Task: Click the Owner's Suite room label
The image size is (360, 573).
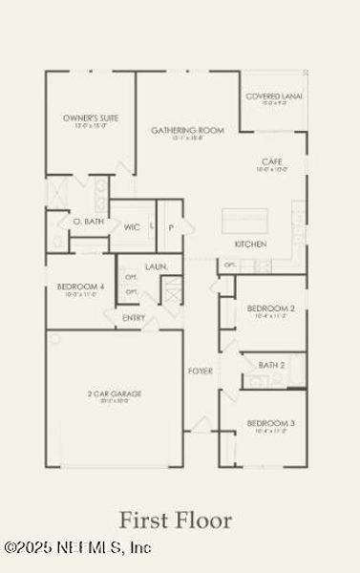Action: [x=91, y=117]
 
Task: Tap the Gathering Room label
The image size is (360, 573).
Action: [x=187, y=130]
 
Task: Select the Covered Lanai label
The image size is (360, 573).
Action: [x=274, y=96]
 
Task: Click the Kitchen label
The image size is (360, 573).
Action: [x=250, y=244]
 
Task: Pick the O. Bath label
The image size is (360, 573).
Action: [x=88, y=222]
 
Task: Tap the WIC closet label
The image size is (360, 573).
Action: [x=133, y=227]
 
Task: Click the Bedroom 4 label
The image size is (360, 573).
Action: [x=80, y=286]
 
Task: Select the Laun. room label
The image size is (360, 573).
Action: [x=157, y=266]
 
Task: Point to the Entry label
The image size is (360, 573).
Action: [x=134, y=318]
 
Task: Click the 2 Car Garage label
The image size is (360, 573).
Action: [x=115, y=393]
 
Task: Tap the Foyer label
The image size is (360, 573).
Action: [x=200, y=371]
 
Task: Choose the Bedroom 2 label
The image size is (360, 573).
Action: [x=270, y=308]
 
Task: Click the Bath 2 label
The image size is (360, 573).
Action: [x=272, y=365]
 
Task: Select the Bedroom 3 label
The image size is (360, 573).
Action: [x=270, y=423]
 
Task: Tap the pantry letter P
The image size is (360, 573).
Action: [x=171, y=227]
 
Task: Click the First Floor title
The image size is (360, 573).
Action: [x=175, y=520]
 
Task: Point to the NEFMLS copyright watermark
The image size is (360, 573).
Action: [x=76, y=548]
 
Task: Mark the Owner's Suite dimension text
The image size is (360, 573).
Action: [x=91, y=125]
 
